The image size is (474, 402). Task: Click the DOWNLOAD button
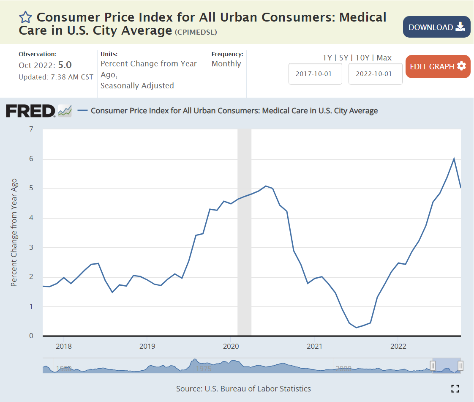click(x=436, y=27)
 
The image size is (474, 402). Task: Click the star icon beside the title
click(x=25, y=17)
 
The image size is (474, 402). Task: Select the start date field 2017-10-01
click(x=315, y=74)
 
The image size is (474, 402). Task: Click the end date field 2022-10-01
click(x=375, y=74)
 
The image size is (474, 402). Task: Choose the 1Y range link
click(x=327, y=58)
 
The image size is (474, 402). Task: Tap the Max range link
click(x=384, y=58)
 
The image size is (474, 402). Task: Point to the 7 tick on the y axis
click(x=31, y=129)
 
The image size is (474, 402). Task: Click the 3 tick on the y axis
click(x=31, y=247)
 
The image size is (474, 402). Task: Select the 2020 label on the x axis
click(x=230, y=346)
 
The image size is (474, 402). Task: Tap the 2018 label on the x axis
click(x=63, y=346)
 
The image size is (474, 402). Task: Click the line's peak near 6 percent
click(x=454, y=159)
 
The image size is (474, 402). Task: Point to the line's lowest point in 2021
click(x=356, y=327)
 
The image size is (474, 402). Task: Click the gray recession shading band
click(x=244, y=232)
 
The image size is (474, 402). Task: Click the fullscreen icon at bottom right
click(x=455, y=389)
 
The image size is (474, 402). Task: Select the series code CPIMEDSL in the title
click(x=196, y=32)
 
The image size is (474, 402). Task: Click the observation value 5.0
click(x=65, y=65)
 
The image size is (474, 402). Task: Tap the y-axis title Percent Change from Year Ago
click(x=14, y=232)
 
